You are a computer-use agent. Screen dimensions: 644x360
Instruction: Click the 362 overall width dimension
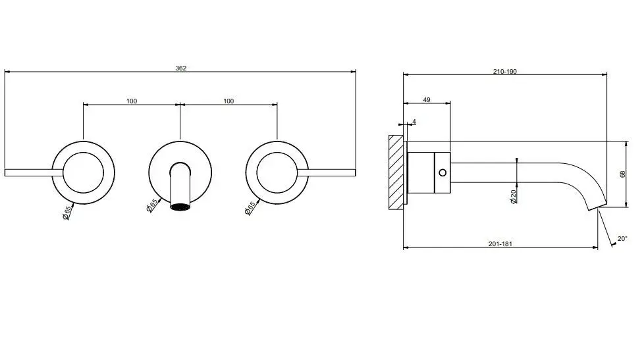point(180,68)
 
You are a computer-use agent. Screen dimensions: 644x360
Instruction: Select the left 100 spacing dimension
point(132,101)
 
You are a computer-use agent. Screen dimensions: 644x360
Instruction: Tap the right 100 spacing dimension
point(228,101)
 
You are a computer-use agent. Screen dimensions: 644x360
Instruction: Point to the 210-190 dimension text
point(505,72)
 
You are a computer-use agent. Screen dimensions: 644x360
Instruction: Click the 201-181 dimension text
point(500,244)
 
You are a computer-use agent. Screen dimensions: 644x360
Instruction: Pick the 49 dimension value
point(427,100)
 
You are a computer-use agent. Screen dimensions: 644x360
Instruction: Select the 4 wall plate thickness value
point(414,122)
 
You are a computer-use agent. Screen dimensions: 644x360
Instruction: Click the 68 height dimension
point(623,174)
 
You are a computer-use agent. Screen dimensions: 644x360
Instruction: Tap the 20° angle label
point(622,238)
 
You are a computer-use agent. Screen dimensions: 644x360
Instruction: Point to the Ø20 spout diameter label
point(513,197)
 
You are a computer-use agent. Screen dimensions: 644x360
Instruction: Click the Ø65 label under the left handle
point(67,212)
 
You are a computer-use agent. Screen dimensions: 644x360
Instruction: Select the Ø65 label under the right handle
point(250,208)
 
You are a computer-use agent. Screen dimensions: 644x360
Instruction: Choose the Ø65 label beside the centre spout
point(151,205)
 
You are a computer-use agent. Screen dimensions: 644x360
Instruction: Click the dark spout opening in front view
point(180,207)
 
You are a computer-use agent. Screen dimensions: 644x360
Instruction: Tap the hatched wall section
point(396,172)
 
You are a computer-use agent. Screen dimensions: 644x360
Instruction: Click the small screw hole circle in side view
point(443,173)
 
